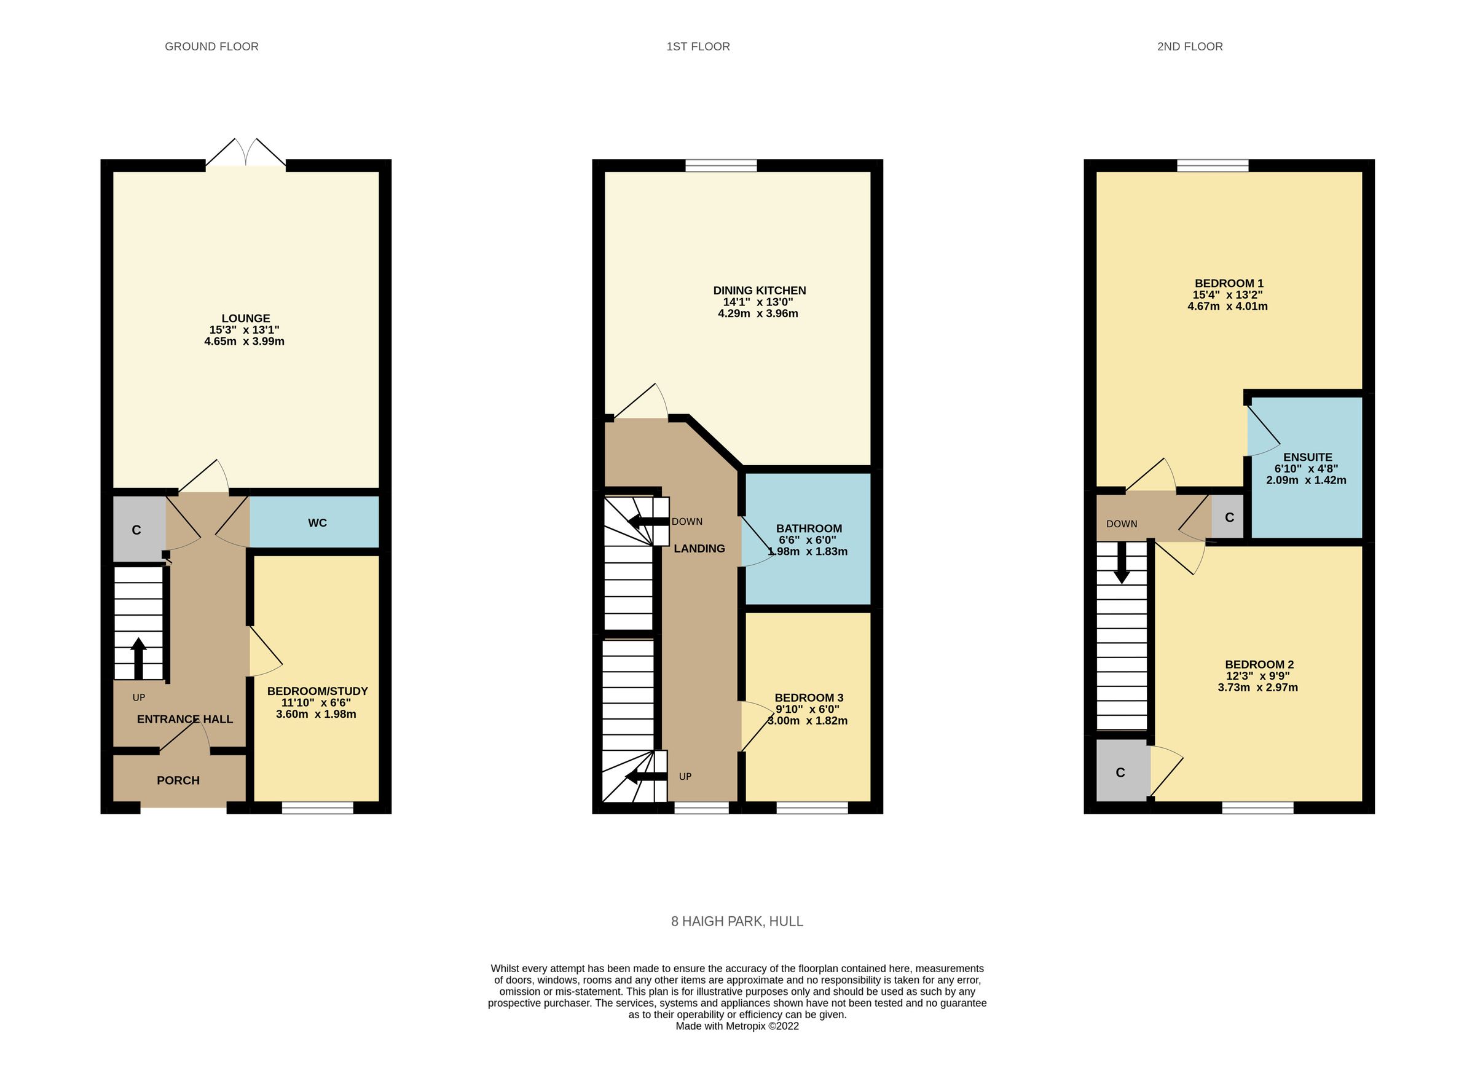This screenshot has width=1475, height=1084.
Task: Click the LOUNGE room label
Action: click(x=245, y=318)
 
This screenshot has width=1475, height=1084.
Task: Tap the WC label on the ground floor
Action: click(x=317, y=523)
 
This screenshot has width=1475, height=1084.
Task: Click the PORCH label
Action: click(x=178, y=780)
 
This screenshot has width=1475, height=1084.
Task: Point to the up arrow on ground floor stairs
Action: click(x=138, y=658)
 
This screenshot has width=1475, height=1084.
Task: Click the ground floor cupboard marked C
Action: click(x=136, y=530)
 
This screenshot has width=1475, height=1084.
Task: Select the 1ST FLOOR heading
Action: click(x=698, y=47)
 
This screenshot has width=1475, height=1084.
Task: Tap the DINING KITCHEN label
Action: click(x=759, y=291)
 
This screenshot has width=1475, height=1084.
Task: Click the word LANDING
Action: click(x=699, y=549)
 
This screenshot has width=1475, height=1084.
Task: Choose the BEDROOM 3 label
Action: click(x=808, y=697)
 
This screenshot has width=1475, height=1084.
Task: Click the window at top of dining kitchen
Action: click(x=720, y=165)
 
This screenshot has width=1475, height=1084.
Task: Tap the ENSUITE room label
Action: click(x=1307, y=457)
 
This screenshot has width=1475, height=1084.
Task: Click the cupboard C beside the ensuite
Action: click(x=1229, y=517)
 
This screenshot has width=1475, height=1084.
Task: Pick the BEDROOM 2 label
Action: click(x=1259, y=665)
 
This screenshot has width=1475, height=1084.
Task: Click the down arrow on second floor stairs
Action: click(x=1122, y=563)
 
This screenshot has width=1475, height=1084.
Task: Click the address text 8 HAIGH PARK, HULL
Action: click(x=737, y=921)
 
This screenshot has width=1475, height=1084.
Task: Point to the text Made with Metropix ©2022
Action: click(x=737, y=1026)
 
